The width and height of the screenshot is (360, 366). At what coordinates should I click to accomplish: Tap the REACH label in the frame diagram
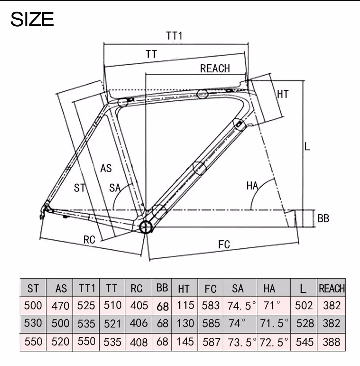pyautogui.click(x=215, y=68)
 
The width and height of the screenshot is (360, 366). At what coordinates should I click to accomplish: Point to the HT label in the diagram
pyautogui.click(x=283, y=94)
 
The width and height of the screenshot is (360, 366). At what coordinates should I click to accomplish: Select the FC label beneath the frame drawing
pyautogui.click(x=224, y=244)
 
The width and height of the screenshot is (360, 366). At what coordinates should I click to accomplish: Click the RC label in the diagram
pyautogui.click(x=89, y=240)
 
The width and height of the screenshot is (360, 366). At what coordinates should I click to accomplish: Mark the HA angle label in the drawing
pyautogui.click(x=252, y=186)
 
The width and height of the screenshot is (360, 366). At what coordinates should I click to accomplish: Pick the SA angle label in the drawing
pyautogui.click(x=115, y=188)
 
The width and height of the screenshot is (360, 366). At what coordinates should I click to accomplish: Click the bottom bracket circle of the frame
pyautogui.click(x=146, y=227)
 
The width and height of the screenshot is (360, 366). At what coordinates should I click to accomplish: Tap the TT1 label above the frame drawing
pyautogui.click(x=174, y=36)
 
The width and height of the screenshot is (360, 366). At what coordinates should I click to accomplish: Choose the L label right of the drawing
pyautogui.click(x=307, y=147)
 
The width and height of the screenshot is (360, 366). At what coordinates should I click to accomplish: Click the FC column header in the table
pyautogui.click(x=210, y=289)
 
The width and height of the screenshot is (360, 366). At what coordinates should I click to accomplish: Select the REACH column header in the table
pyautogui.click(x=331, y=289)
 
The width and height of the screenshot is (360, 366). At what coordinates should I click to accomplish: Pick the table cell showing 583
pyautogui.click(x=210, y=305)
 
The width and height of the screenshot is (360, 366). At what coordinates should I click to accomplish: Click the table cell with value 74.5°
pyautogui.click(x=239, y=305)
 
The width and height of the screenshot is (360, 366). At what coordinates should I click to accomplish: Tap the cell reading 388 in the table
pyautogui.click(x=331, y=342)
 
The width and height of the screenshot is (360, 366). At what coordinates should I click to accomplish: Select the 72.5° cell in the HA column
pyautogui.click(x=273, y=342)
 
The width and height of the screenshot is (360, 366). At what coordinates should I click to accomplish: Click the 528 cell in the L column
pyautogui.click(x=304, y=323)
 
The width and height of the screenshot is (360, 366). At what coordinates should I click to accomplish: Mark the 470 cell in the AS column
pyautogui.click(x=60, y=305)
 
